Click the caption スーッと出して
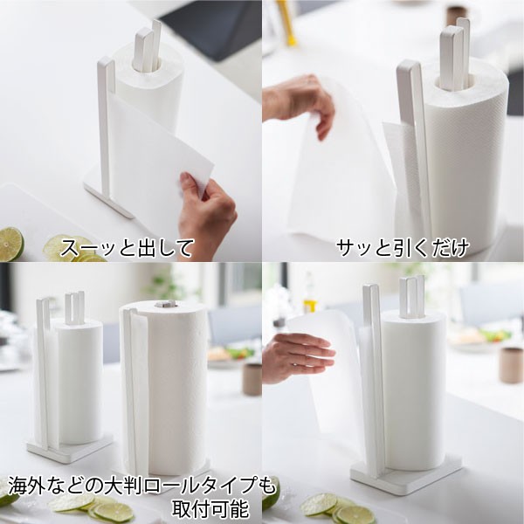(127, 248)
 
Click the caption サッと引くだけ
(403, 248)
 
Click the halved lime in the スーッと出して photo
(10, 244)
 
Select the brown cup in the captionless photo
(510, 364)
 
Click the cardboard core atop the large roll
(164, 306)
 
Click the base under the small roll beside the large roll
(70, 448)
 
